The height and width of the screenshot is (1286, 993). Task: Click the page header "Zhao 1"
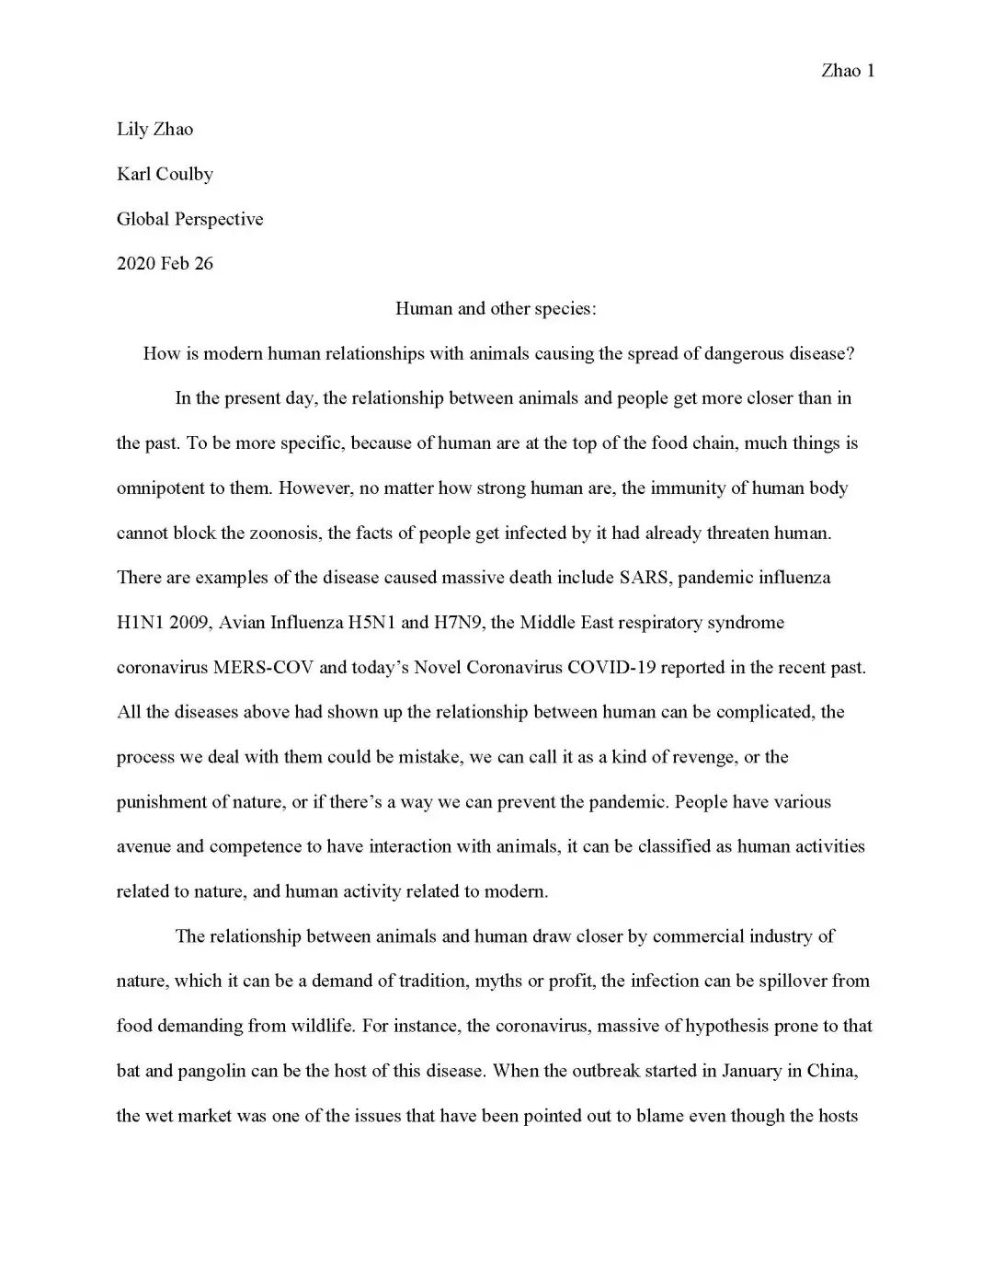[847, 71]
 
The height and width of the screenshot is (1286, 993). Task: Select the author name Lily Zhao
[154, 130]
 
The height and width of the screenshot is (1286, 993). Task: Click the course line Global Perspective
[189, 219]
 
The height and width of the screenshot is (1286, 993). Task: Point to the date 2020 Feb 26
[165, 264]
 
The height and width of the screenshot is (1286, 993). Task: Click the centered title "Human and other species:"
[496, 308]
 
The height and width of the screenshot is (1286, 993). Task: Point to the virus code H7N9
[460, 623]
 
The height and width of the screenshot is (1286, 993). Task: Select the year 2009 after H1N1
[189, 623]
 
